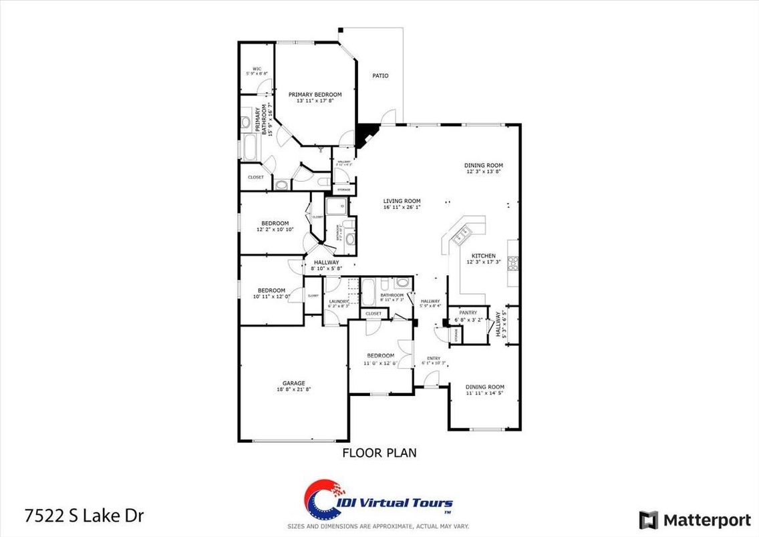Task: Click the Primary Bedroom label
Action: (315, 95)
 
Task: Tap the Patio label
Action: (380, 75)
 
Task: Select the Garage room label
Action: (293, 383)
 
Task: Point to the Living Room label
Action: (402, 201)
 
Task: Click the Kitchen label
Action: (483, 256)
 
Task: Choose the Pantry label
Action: (467, 312)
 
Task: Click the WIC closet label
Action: (257, 69)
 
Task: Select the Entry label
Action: (434, 359)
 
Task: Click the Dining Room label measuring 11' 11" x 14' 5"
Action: (484, 387)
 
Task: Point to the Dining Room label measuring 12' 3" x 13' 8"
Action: (484, 166)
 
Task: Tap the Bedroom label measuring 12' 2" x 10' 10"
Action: (275, 223)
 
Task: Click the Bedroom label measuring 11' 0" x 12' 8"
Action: (380, 355)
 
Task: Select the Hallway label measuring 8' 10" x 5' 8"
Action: (327, 262)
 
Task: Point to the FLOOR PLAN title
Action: (379, 453)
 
